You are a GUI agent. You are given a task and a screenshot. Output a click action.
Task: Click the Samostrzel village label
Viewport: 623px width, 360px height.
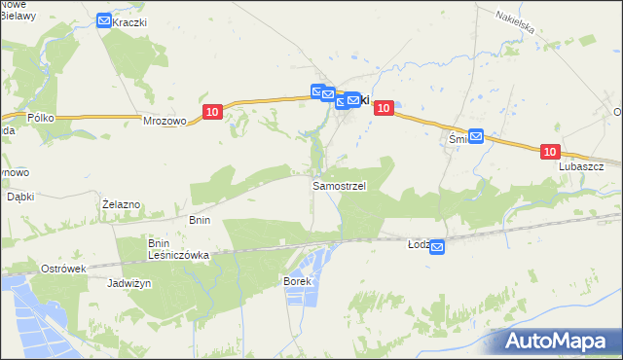(339, 185)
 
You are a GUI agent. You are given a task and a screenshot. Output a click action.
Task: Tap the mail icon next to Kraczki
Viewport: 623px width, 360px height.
(104, 20)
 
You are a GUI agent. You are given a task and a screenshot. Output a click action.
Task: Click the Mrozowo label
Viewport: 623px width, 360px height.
(165, 122)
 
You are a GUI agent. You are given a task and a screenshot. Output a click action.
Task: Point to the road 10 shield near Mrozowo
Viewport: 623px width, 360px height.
(212, 113)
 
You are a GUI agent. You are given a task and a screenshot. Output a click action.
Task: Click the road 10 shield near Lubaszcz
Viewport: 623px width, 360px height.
(550, 152)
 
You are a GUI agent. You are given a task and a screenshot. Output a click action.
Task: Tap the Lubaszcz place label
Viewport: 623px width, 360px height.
(582, 166)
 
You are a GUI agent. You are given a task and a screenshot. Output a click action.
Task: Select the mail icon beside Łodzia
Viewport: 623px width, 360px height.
(437, 248)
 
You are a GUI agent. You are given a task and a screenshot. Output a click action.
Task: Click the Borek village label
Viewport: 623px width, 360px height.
(296, 281)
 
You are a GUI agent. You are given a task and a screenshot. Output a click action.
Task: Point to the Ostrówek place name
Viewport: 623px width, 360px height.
(64, 268)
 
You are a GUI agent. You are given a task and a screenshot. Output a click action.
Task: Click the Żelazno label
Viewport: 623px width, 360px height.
(123, 204)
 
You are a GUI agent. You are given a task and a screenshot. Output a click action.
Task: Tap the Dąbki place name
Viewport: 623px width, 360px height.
(20, 196)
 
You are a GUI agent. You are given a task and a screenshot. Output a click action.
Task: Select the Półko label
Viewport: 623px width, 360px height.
(42, 118)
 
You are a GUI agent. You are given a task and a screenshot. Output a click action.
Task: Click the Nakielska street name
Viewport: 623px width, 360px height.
(515, 22)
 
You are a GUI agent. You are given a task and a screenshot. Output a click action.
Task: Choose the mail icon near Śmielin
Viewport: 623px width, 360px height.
(476, 137)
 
